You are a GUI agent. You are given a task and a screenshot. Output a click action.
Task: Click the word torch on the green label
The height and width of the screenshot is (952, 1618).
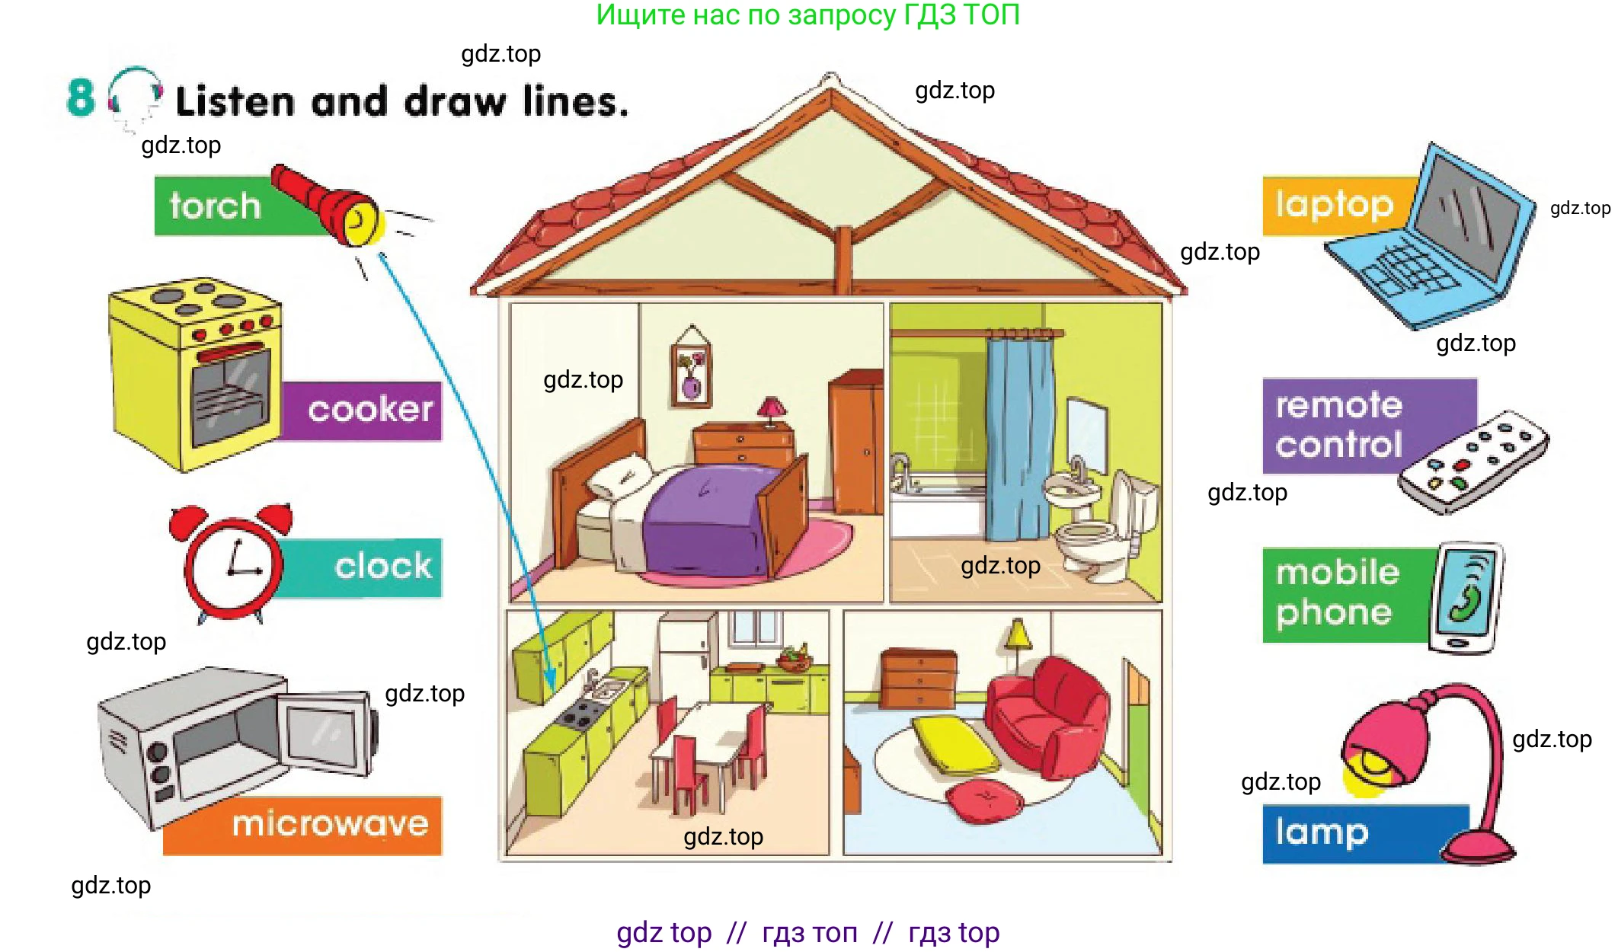click(215, 206)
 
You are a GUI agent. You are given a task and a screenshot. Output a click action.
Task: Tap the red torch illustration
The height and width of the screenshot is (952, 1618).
click(328, 205)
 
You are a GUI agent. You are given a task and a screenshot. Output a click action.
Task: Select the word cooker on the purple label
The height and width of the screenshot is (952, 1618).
click(370, 410)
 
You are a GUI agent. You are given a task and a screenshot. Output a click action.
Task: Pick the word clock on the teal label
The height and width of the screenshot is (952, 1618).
click(383, 566)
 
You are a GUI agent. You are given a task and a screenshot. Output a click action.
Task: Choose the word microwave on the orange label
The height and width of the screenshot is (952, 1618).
click(330, 824)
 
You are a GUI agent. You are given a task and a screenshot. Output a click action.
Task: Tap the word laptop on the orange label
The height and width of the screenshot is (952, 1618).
click(1335, 205)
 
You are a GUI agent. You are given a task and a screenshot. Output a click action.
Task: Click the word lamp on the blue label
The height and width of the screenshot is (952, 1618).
click(1322, 832)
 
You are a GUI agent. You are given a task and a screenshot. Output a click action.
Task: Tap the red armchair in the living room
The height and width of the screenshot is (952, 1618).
click(1048, 716)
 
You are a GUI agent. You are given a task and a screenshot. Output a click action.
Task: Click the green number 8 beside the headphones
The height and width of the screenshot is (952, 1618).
click(81, 97)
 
